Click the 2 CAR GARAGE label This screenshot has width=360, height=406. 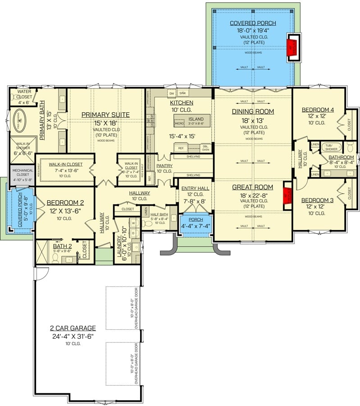coord(73,328)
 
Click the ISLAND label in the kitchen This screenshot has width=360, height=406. coord(196,119)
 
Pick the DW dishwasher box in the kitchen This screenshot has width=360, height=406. coord(171,93)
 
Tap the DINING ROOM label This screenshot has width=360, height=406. coord(253,111)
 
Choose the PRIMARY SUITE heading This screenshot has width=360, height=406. coord(105,115)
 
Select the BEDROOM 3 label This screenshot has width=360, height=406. coord(317,200)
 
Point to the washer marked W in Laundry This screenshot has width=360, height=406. coord(133,223)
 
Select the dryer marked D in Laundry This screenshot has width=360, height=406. coord(133,234)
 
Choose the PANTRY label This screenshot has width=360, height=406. coord(164,166)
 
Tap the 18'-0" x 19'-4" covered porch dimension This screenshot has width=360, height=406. coord(253,30)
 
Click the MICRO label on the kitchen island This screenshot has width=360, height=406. coord(179,123)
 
